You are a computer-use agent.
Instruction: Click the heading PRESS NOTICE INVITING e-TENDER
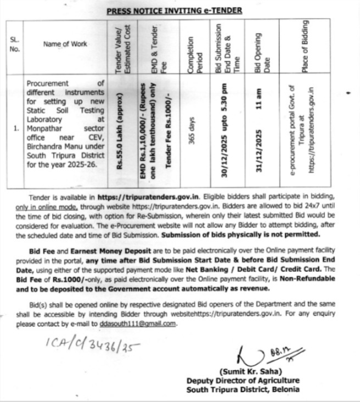click(x=173, y=10)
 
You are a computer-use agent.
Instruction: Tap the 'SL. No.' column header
click(x=15, y=44)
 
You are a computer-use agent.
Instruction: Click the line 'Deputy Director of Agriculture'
click(x=243, y=381)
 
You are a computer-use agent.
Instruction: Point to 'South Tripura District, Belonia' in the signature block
click(x=243, y=389)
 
